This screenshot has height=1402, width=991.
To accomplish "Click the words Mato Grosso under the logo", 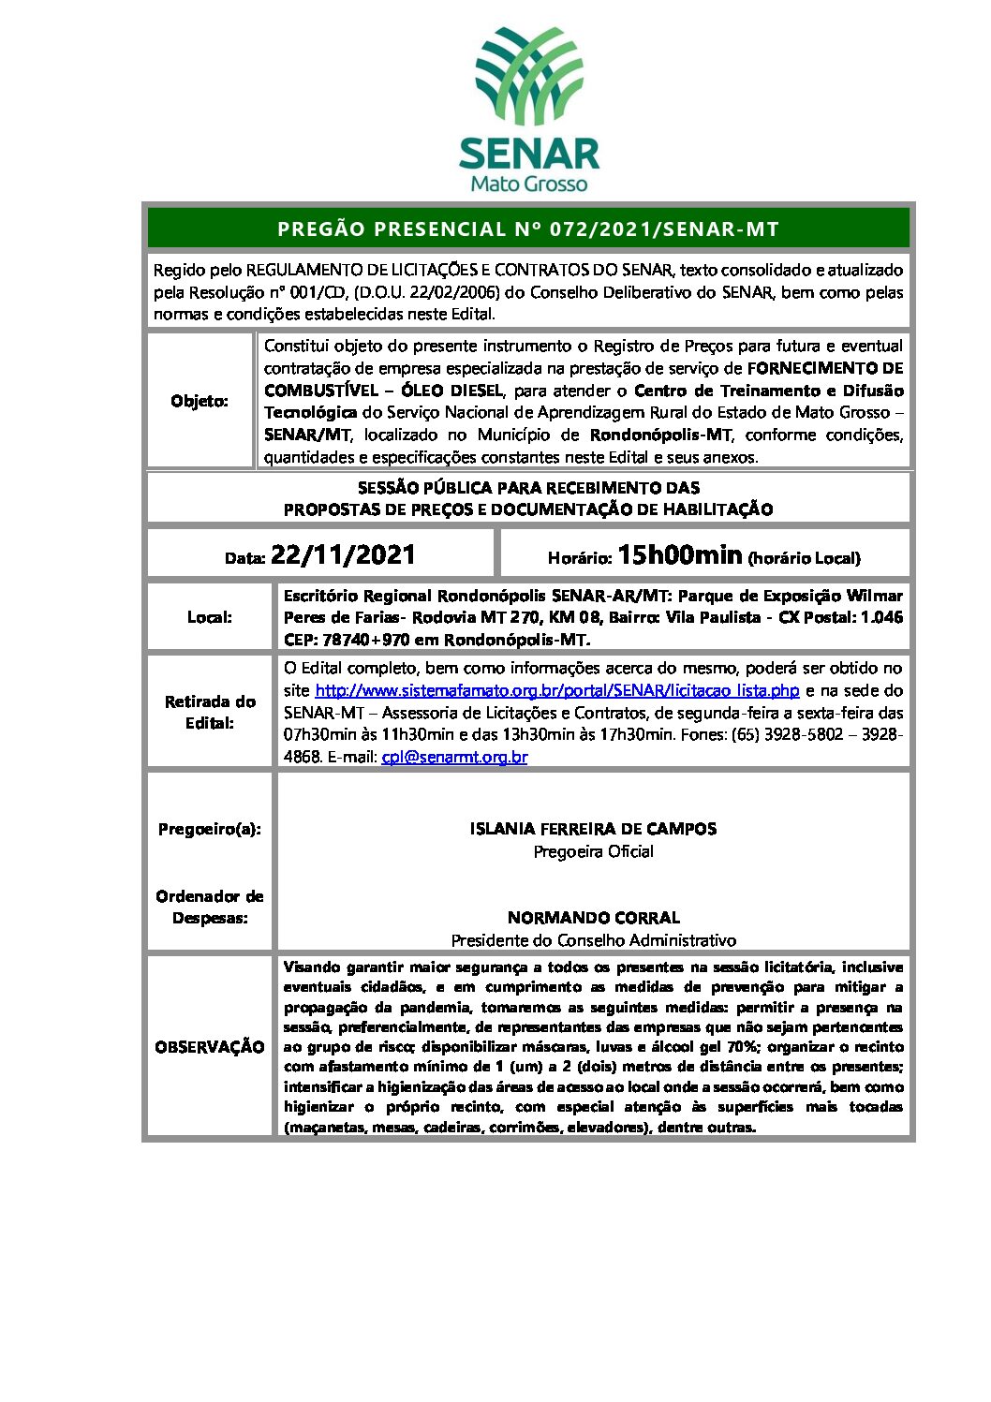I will [x=529, y=184].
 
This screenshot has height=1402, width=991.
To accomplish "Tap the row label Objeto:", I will [x=200, y=401].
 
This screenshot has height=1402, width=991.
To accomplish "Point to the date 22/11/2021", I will [x=343, y=555].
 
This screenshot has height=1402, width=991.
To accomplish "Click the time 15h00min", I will [x=680, y=555].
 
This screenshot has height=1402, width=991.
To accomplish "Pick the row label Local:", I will [x=209, y=617].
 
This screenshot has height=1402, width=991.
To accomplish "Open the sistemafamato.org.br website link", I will [x=557, y=690].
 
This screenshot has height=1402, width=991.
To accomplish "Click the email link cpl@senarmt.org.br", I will [x=454, y=757].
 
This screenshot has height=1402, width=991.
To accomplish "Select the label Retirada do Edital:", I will [x=210, y=712].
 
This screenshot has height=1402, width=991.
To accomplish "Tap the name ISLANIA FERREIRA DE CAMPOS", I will [x=593, y=829].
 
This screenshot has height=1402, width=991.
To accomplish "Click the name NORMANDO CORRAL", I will [x=593, y=918].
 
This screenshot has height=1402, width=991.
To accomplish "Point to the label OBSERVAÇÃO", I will [x=210, y=1047].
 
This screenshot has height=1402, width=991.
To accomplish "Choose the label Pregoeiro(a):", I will [x=210, y=829].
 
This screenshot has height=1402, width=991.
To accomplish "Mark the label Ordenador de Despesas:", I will [x=210, y=907].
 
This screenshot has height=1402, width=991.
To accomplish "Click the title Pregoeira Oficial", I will [x=593, y=851].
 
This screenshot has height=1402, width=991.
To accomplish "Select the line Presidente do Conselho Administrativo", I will [x=593, y=940].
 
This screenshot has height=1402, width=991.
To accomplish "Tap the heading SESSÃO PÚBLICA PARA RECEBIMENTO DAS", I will [x=528, y=488].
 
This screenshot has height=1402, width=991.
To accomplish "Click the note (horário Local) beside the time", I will [x=804, y=558].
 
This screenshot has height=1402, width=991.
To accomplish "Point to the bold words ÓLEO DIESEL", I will [x=452, y=391].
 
